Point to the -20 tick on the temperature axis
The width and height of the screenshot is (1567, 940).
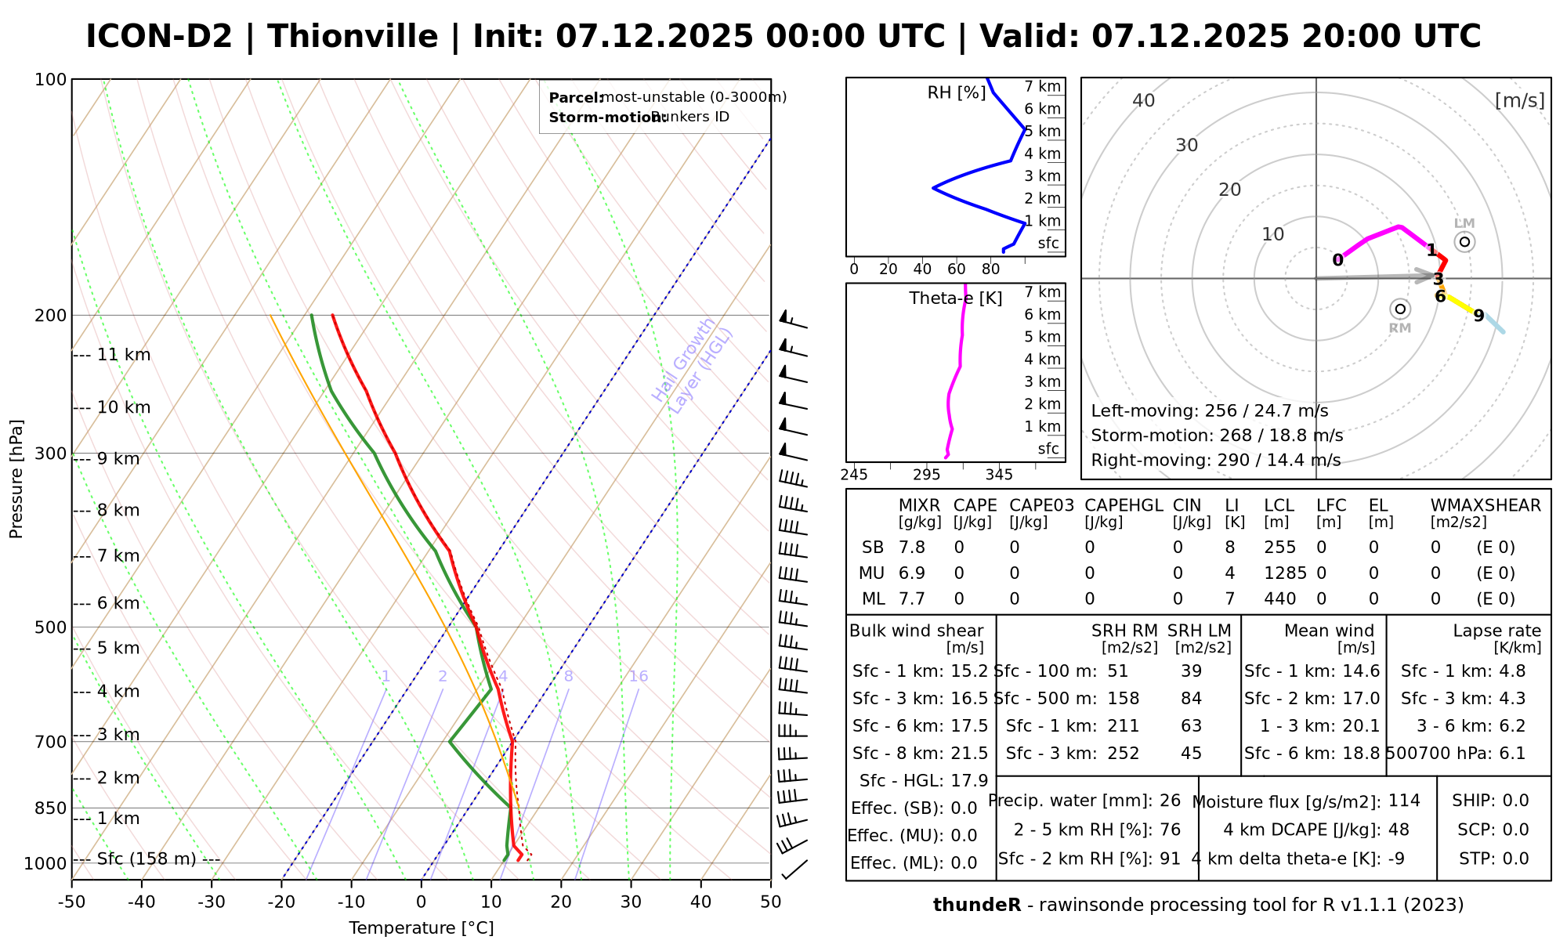281,902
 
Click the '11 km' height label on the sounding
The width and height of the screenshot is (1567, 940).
124,355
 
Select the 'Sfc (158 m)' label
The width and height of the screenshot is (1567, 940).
147,859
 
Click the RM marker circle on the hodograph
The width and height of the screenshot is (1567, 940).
1400,309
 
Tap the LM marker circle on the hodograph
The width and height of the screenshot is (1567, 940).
1464,241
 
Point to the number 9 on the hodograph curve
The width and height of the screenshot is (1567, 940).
1478,316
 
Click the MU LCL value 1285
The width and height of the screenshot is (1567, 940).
1285,573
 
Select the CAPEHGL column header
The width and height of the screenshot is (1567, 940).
1124,506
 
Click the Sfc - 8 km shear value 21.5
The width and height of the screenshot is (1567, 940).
969,754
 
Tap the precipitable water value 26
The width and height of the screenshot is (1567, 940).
1170,801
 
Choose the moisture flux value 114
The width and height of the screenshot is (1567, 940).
1404,801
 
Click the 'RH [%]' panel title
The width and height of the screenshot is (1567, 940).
956,93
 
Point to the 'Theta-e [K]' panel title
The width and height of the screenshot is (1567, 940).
956,298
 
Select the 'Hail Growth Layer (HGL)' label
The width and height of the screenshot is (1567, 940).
693,365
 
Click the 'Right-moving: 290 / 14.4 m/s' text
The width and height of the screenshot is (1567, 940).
1215,460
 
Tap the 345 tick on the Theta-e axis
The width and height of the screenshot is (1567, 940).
999,475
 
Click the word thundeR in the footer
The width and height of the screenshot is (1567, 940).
977,906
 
